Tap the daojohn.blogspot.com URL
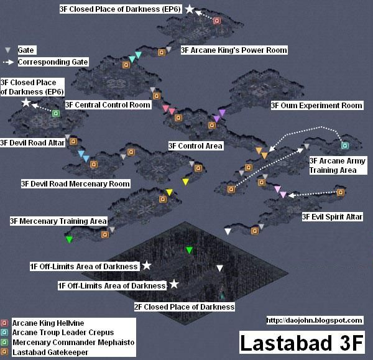314,320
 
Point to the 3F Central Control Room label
108,105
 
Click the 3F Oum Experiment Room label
316,106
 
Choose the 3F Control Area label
195,146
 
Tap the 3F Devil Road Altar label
32,142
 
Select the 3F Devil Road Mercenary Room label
75,183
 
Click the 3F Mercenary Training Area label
58,221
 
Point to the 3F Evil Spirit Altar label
332,217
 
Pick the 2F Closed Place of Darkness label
184,307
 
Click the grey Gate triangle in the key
7,50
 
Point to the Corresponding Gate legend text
53,62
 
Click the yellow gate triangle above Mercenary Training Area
169,193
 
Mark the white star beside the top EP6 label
190,9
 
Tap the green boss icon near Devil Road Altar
55,113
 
